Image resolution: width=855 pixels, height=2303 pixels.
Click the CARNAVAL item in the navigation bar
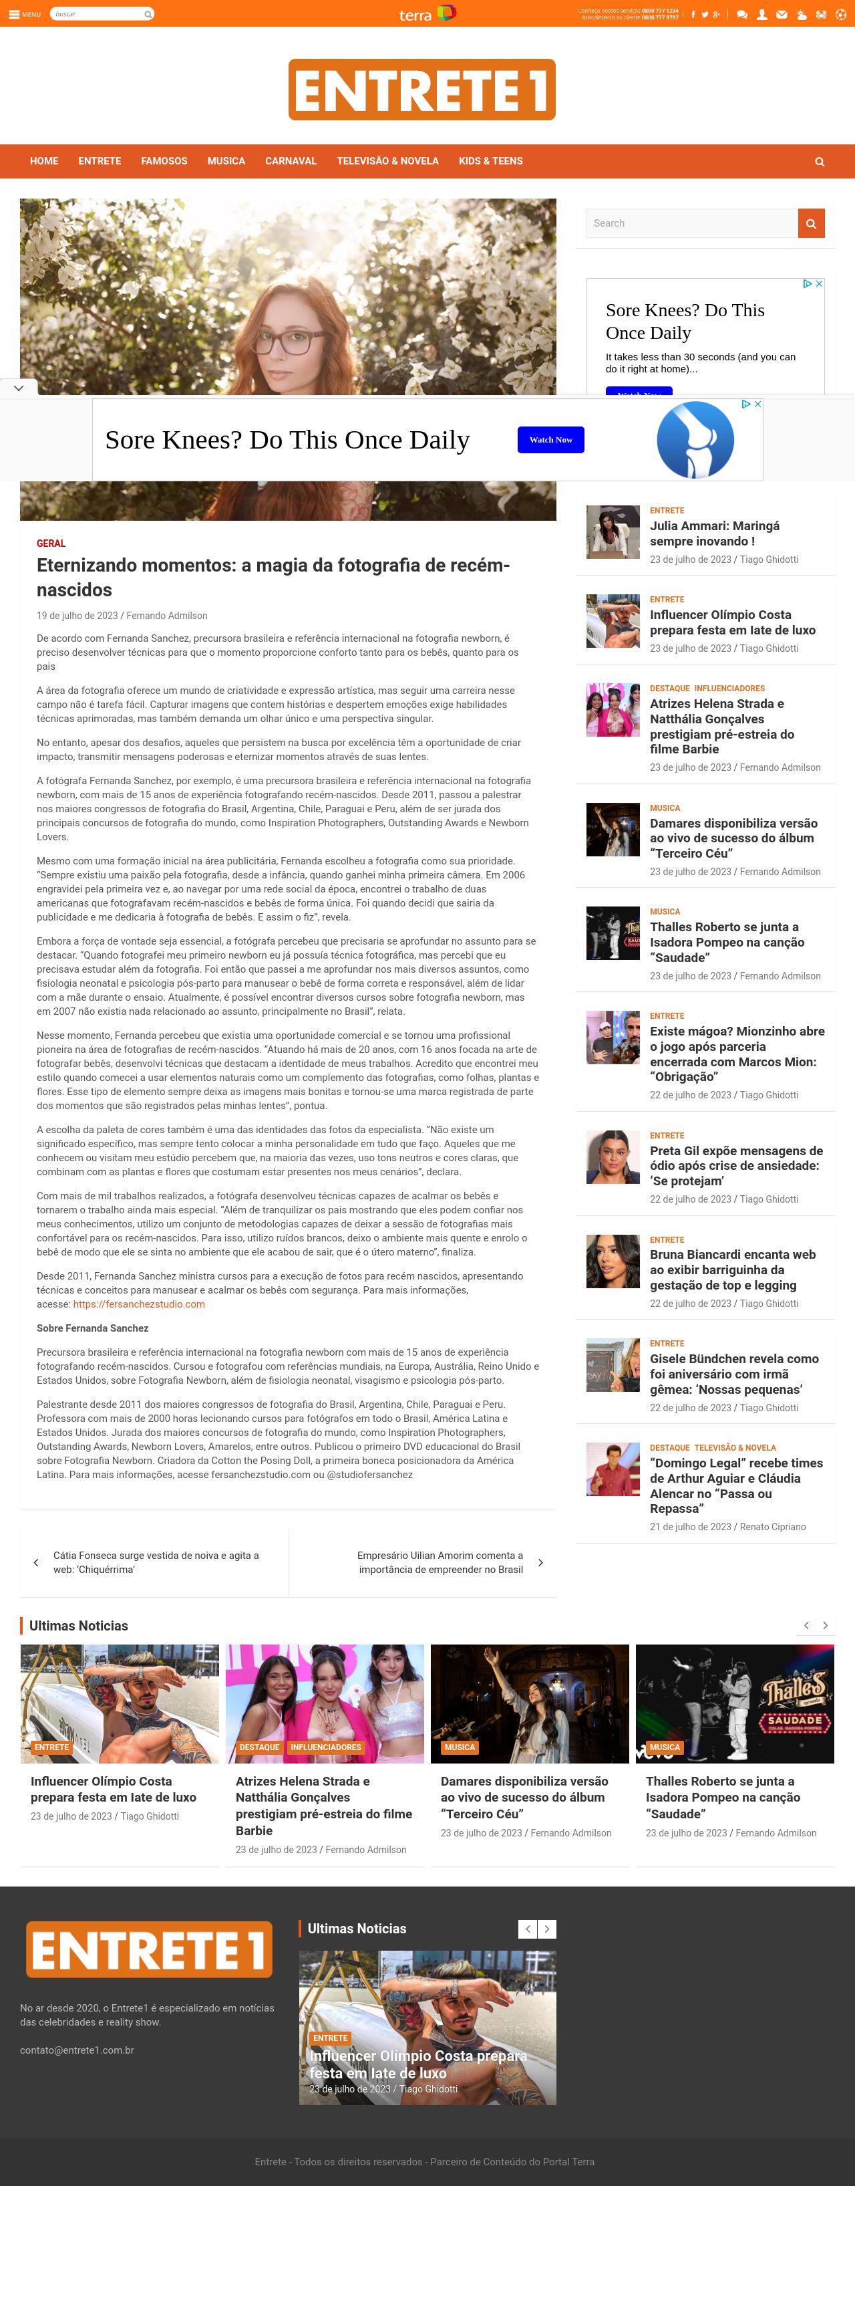click(x=291, y=161)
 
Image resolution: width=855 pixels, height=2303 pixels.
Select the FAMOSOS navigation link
click(x=164, y=161)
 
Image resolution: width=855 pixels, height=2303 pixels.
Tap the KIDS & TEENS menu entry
click(x=490, y=161)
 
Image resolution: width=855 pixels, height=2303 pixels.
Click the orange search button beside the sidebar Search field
click(x=810, y=223)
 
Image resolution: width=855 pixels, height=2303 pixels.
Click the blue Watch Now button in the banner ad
click(x=550, y=440)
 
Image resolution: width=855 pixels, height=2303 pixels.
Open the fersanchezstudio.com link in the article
click(x=138, y=1304)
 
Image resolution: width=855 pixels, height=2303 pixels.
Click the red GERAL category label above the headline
click(x=51, y=543)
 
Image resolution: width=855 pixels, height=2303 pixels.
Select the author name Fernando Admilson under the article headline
click(x=166, y=616)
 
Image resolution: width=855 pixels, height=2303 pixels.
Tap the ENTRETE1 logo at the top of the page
click(x=421, y=90)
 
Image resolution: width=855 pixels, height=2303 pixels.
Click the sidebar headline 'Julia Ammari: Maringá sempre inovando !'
click(x=714, y=533)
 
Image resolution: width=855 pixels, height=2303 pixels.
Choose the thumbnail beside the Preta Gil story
click(x=613, y=1157)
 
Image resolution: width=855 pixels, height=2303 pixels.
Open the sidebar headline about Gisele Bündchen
click(x=733, y=1374)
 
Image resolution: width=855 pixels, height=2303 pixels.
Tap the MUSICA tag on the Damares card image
click(x=459, y=1747)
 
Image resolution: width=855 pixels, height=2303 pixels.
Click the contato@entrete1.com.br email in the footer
click(x=77, y=2050)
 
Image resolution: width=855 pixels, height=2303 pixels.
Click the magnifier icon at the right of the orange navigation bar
click(x=819, y=162)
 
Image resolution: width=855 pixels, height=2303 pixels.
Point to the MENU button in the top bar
click(x=24, y=14)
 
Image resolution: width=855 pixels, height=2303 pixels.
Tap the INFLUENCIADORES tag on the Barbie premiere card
click(x=325, y=1747)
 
